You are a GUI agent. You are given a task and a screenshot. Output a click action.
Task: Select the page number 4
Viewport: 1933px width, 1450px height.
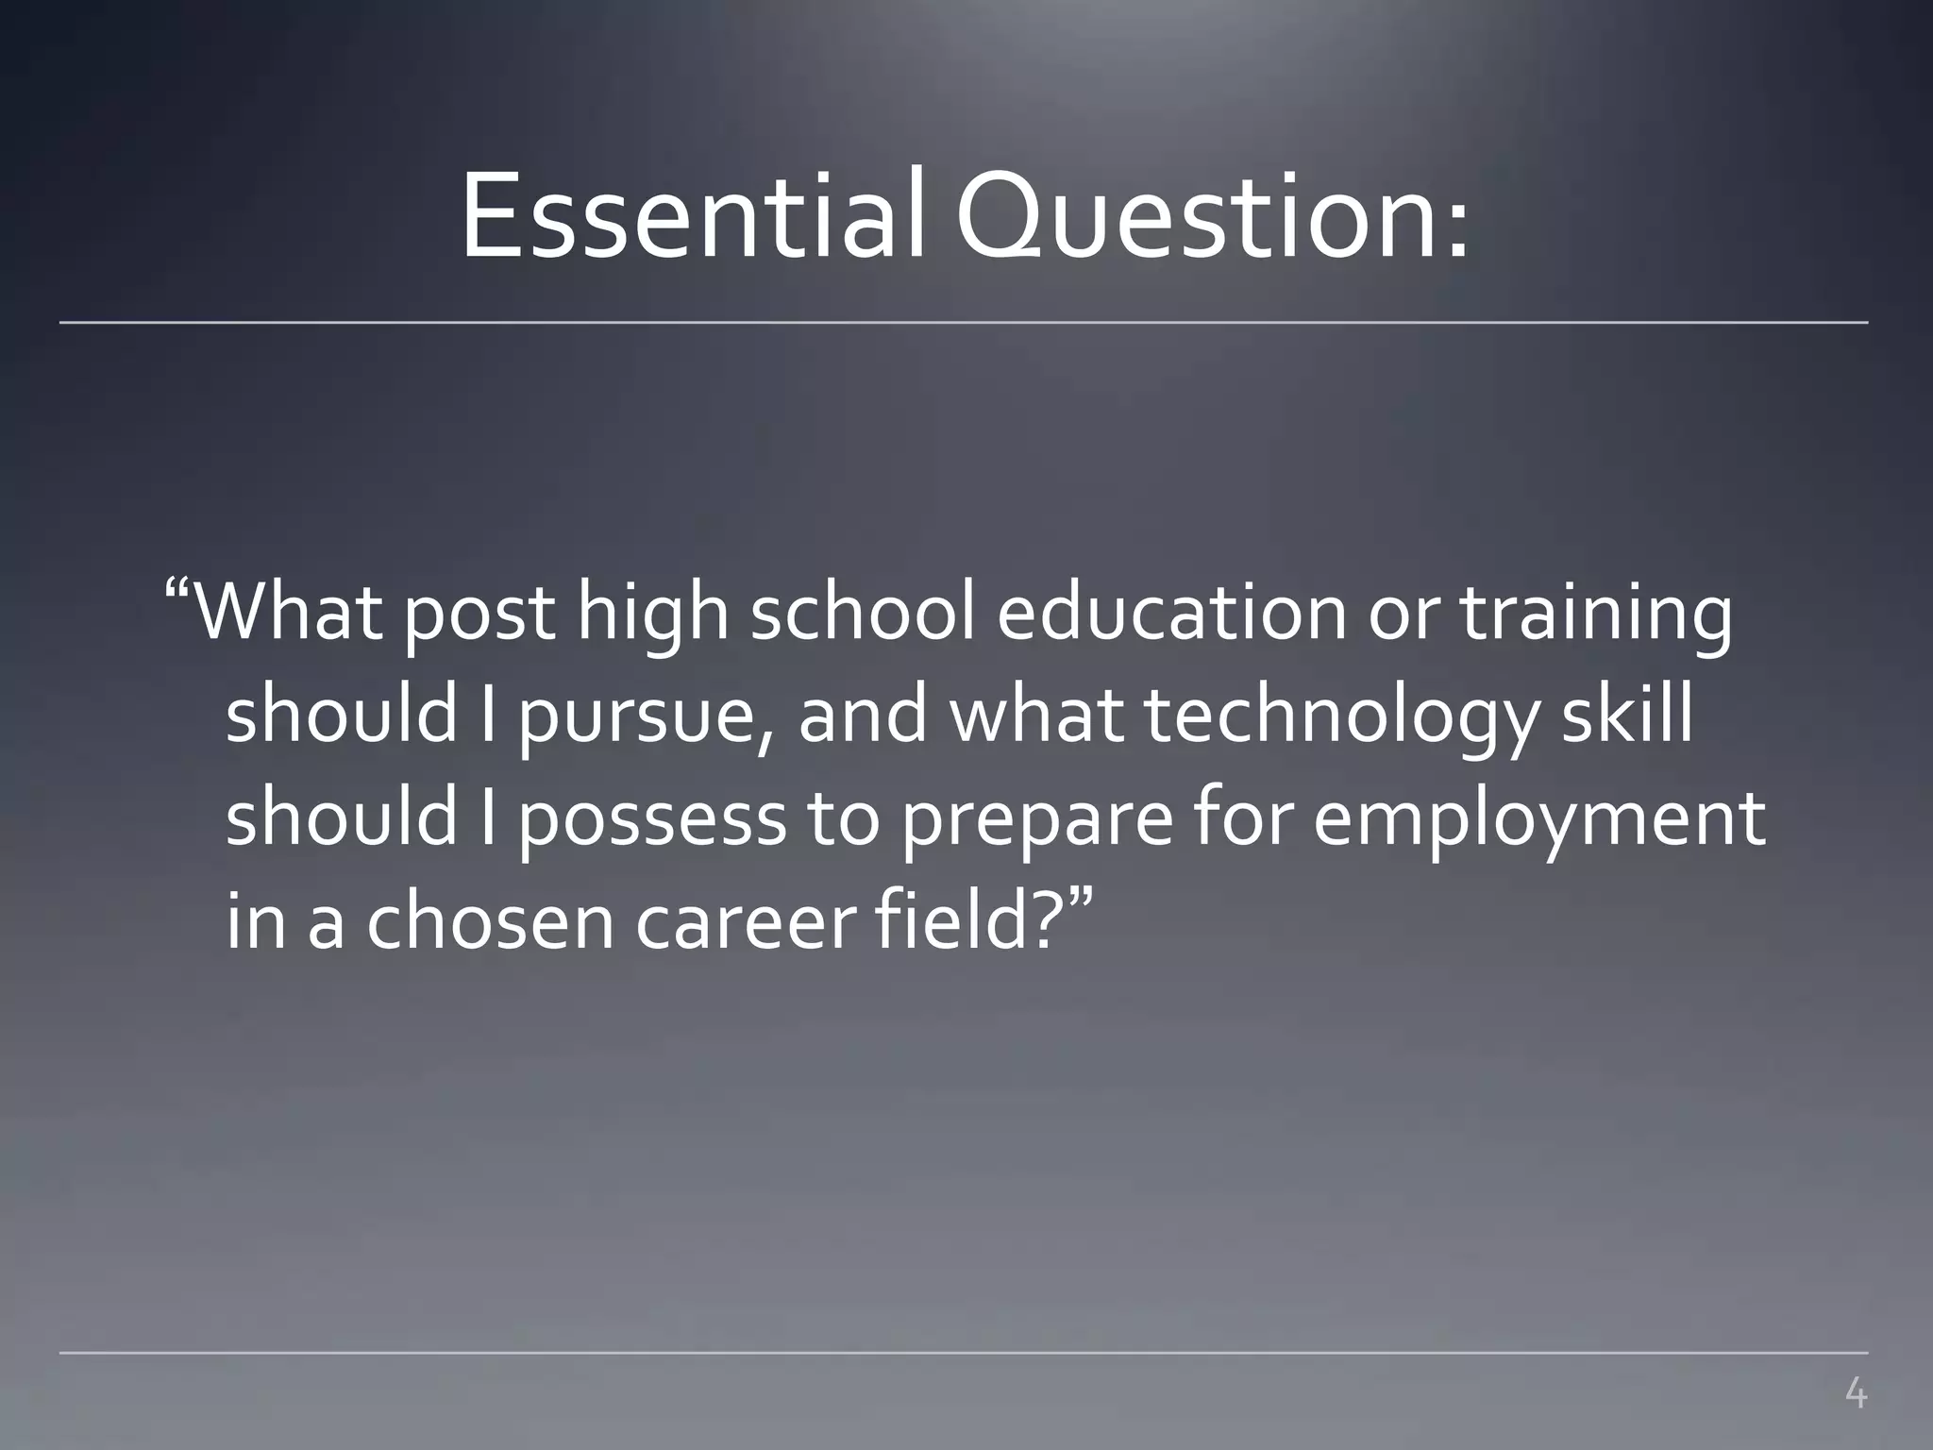(x=1855, y=1393)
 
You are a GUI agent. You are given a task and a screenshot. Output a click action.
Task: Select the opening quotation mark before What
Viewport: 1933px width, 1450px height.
(x=178, y=593)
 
